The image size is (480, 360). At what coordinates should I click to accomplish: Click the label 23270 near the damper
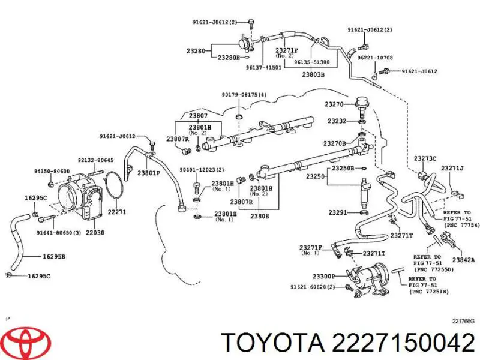[334, 104]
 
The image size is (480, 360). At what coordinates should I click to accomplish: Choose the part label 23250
[315, 177]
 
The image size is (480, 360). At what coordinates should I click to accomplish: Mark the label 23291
[338, 212]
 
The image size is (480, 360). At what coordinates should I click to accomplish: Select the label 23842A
[463, 260]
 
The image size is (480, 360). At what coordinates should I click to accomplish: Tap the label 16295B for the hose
[54, 257]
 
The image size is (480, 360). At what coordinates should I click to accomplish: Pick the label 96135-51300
[311, 62]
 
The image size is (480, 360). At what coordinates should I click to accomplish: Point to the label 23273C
[427, 159]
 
